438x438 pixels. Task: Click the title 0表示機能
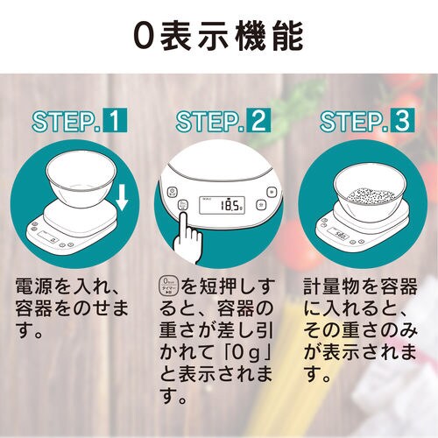tap(219, 36)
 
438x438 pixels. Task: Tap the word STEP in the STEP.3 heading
tap(350, 121)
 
